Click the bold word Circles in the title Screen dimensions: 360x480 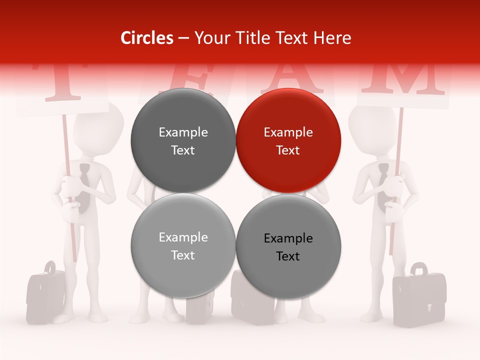pyautogui.click(x=146, y=38)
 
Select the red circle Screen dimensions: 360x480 pyautogui.click(x=288, y=140)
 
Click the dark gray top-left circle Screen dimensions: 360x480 pyautogui.click(x=183, y=140)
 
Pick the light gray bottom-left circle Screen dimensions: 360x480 pyautogui.click(x=183, y=246)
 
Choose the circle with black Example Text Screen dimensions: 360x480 pyautogui.click(x=288, y=246)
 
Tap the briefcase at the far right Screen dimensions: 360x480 pyautogui.click(x=418, y=299)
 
